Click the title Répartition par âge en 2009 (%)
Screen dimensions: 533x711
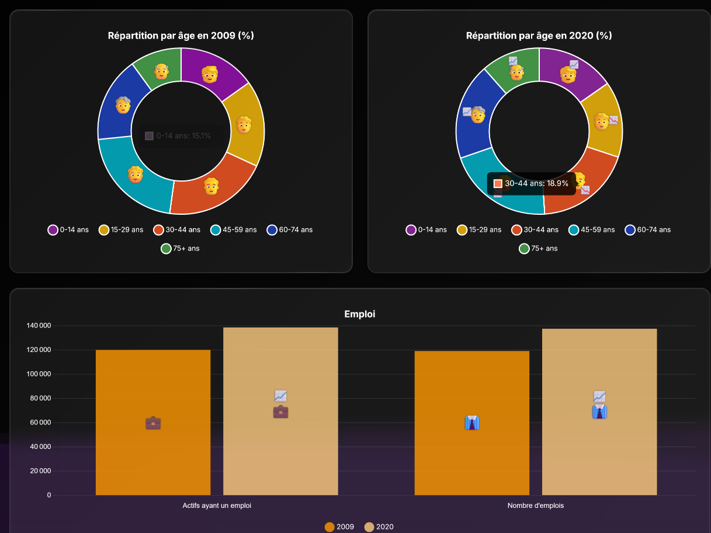click(x=181, y=36)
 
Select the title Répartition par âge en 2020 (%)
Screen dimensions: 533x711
click(x=539, y=36)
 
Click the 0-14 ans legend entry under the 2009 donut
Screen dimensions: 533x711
click(x=68, y=229)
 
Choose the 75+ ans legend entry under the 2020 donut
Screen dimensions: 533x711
click(x=537, y=248)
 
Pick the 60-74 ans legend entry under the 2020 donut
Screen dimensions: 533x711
click(x=648, y=229)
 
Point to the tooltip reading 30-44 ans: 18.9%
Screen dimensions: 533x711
click(x=531, y=183)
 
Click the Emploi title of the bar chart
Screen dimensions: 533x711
click(x=359, y=314)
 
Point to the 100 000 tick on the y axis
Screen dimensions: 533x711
click(x=38, y=374)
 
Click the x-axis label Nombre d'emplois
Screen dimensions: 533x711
click(x=535, y=506)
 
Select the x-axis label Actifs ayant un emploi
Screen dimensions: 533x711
click(x=217, y=506)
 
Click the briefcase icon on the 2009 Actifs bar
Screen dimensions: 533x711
click(x=153, y=423)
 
